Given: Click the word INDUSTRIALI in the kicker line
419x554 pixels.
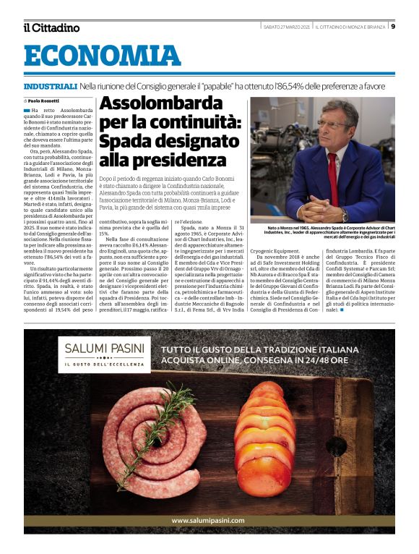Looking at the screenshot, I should [50, 86].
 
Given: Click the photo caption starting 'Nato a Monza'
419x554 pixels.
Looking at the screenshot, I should [331, 232].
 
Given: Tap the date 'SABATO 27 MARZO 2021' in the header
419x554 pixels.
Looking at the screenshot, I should [287, 27].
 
